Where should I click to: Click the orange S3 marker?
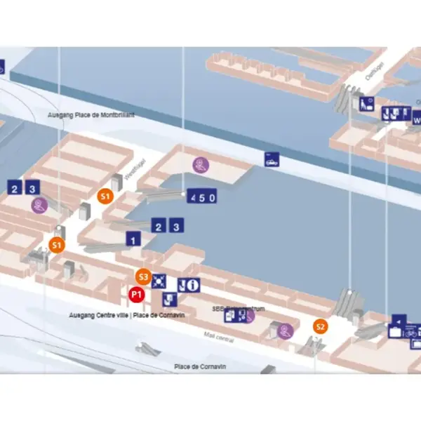(x=143, y=276)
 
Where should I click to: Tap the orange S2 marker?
(x=320, y=326)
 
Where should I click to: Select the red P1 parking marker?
(x=137, y=294)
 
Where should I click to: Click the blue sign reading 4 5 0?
(x=201, y=197)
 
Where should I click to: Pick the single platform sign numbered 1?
(x=132, y=240)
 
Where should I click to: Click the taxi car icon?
(x=271, y=159)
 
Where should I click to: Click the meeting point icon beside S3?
(x=159, y=281)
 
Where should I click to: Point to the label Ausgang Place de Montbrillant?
(x=91, y=114)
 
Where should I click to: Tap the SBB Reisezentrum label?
(x=232, y=307)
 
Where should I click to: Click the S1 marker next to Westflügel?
(x=105, y=196)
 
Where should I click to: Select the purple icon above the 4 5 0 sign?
(x=201, y=165)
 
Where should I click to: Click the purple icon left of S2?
(x=285, y=329)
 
